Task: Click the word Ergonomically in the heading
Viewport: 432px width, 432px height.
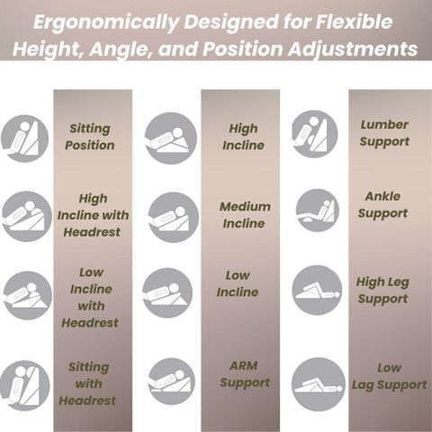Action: pyautogui.click(x=106, y=22)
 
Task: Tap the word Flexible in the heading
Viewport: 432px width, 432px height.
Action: pyautogui.click(x=355, y=22)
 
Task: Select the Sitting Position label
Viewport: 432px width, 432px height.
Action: pyautogui.click(x=90, y=137)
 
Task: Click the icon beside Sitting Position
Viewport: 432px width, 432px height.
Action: pyautogui.click(x=24, y=139)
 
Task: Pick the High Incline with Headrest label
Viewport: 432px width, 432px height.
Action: pyautogui.click(x=93, y=215)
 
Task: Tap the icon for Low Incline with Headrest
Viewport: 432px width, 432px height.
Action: pyautogui.click(x=28, y=295)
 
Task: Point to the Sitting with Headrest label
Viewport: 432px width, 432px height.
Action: pyautogui.click(x=87, y=383)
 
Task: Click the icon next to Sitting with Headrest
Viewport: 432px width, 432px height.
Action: pyautogui.click(x=24, y=386)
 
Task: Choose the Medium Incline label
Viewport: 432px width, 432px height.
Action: pyautogui.click(x=245, y=215)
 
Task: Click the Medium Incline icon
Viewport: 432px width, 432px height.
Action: pyautogui.click(x=174, y=217)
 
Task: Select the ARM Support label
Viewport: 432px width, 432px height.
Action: pyautogui.click(x=245, y=374)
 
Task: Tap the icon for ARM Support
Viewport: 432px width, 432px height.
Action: pyautogui.click(x=172, y=381)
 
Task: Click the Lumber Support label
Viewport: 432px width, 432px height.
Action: pyautogui.click(x=384, y=133)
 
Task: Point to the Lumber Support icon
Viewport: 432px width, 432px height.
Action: pyautogui.click(x=315, y=134)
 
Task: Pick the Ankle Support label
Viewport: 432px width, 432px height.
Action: pyautogui.click(x=382, y=205)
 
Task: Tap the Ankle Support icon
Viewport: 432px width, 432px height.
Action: pyautogui.click(x=318, y=211)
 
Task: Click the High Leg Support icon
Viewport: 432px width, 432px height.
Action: pyautogui.click(x=317, y=290)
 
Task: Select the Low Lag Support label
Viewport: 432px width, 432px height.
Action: pyautogui.click(x=390, y=376)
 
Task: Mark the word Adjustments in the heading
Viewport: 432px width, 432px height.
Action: pyautogui.click(x=353, y=49)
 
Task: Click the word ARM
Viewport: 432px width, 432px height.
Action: pyautogui.click(x=244, y=365)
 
